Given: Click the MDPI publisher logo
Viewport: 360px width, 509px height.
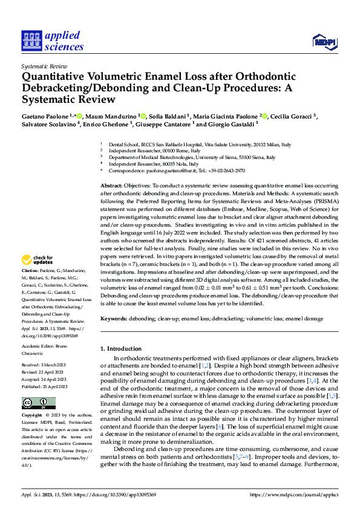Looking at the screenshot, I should click(324, 41).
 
